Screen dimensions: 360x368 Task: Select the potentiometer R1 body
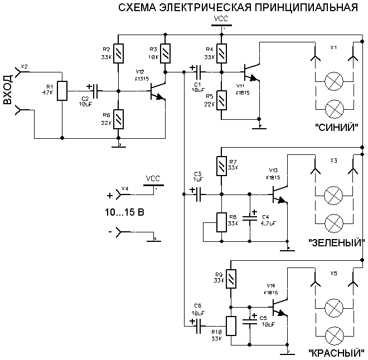[62, 89]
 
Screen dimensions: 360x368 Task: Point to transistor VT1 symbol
[251, 72]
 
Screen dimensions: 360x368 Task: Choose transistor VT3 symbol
[278, 195]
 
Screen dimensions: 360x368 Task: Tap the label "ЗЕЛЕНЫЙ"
[336, 242]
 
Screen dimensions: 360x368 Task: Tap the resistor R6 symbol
[117, 119]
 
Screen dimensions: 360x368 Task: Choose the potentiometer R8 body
[222, 220]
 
